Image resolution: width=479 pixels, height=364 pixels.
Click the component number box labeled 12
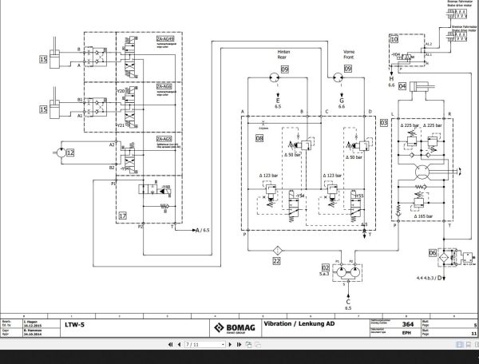point(69,151)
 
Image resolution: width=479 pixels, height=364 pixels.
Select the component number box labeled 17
point(122,215)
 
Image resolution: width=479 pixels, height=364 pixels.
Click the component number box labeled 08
point(259,138)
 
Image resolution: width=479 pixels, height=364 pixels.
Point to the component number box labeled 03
point(384,122)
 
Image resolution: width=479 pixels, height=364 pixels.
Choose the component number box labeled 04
point(402,85)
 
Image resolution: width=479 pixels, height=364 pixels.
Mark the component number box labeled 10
point(394,38)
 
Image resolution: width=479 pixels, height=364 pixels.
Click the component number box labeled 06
point(432,253)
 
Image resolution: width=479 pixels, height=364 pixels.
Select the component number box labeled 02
point(326,267)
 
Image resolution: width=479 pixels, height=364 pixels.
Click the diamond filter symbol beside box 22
point(275,246)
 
